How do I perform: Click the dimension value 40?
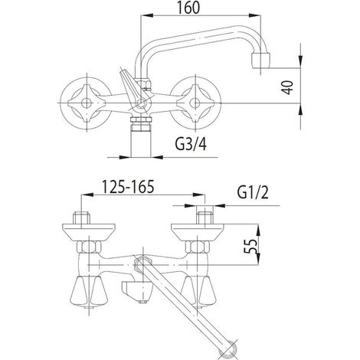click(x=288, y=87)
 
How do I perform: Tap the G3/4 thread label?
click(x=191, y=144)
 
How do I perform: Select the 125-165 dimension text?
click(x=128, y=186)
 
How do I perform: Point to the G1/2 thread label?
click(x=253, y=193)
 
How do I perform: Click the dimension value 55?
click(x=250, y=246)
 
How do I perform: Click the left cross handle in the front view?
click(x=87, y=103)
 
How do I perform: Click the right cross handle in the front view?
click(x=195, y=103)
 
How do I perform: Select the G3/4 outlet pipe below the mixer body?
click(x=141, y=136)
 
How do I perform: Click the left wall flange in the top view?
click(x=89, y=232)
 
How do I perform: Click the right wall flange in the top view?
click(x=198, y=232)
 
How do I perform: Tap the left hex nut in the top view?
click(x=89, y=247)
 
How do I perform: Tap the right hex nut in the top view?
click(x=198, y=247)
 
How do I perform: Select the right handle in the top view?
click(x=198, y=291)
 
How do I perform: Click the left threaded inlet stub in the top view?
click(x=82, y=218)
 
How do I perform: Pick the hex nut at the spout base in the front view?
click(x=144, y=83)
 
